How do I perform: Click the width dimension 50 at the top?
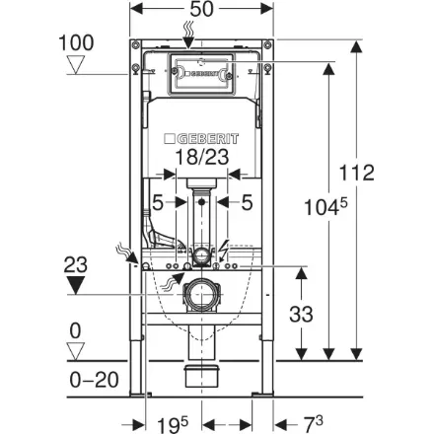(202, 9)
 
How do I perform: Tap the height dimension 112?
(356, 173)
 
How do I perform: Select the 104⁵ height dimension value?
(325, 207)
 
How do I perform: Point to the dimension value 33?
(301, 314)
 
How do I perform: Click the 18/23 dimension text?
(202, 157)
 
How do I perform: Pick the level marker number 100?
(76, 42)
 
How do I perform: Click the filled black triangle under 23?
(76, 285)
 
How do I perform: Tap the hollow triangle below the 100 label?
(76, 65)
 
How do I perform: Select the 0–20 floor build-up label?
(94, 380)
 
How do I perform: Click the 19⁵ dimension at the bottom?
(173, 425)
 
